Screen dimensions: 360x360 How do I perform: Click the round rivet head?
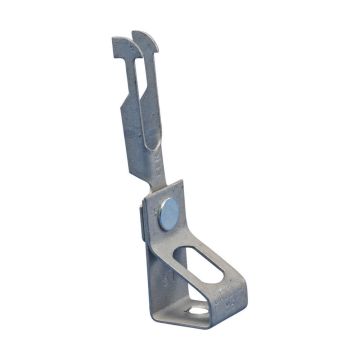169,210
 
